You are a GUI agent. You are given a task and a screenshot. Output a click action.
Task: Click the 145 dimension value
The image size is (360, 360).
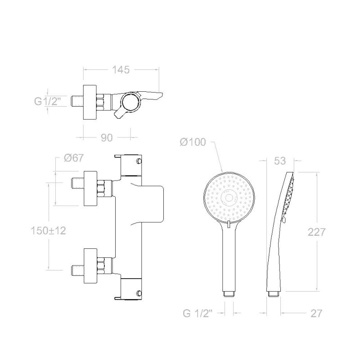pos(121,70)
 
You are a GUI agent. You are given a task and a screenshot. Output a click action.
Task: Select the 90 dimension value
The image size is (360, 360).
pos(107,138)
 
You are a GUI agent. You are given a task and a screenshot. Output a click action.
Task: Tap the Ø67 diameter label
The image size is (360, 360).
pos(74,158)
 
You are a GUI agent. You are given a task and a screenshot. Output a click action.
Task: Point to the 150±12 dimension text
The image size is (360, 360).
pos(49,231)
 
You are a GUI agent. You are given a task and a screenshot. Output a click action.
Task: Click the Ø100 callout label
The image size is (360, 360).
pos(193,142)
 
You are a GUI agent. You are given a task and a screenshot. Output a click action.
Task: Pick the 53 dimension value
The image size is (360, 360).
pos(280,161)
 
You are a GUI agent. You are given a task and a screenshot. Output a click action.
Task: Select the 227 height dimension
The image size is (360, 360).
pos(317,232)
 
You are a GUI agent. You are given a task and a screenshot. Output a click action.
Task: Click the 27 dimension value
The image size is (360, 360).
pos(316,314)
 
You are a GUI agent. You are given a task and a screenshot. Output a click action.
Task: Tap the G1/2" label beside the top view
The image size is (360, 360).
pos(48,101)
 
